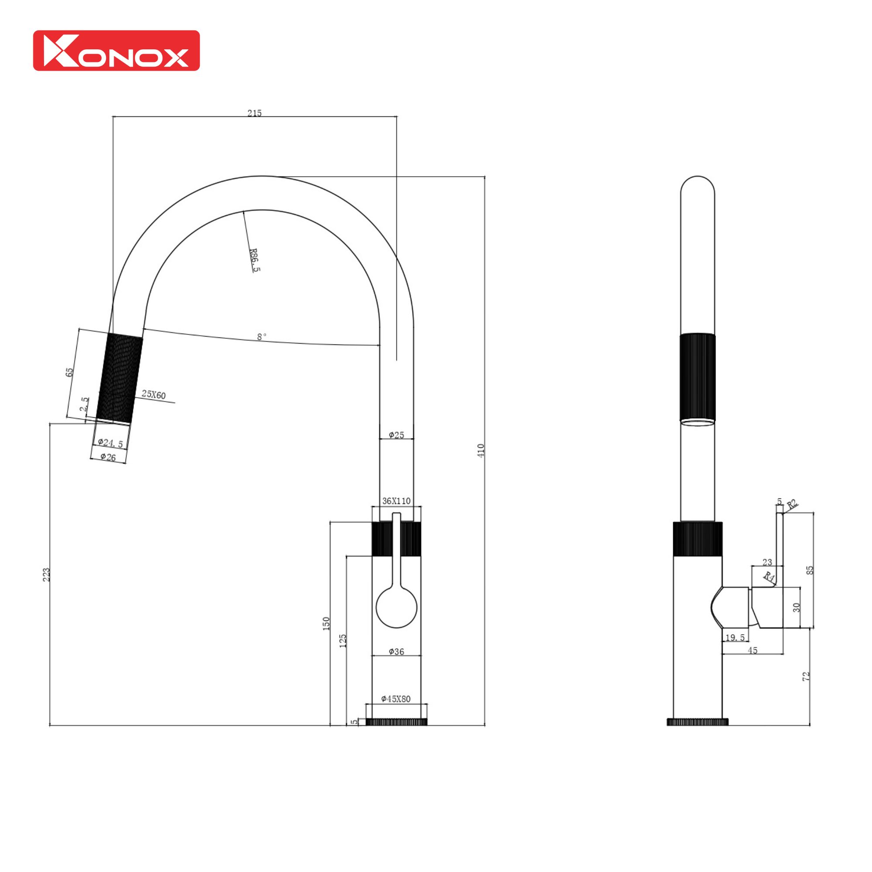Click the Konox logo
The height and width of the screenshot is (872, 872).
coord(116,51)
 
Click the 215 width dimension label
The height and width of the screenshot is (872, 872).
coord(254,113)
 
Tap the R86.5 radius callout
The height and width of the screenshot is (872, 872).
coord(255,260)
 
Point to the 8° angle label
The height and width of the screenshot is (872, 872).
coord(262,337)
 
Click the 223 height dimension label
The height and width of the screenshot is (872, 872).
coord(46,575)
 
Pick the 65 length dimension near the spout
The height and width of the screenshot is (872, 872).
coord(69,372)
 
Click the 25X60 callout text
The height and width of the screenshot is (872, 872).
coord(153,395)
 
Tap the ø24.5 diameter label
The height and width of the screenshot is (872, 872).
coord(110,443)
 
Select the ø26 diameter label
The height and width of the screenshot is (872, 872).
coord(108,458)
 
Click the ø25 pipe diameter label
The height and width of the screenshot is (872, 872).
coord(396,435)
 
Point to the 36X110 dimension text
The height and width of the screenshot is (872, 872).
coord(396,501)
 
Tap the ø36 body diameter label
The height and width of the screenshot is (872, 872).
coord(396,652)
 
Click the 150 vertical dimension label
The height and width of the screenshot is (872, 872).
coord(326,623)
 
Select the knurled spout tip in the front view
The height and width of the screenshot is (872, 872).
coord(120,378)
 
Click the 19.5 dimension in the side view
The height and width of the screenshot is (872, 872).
coord(735,638)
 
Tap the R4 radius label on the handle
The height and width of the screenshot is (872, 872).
coord(769,577)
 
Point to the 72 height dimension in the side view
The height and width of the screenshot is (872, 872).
coord(806,676)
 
